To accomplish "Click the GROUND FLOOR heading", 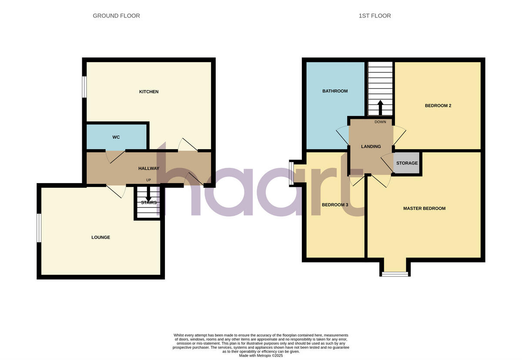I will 116,16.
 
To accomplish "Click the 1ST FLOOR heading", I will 375,16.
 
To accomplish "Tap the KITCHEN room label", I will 149,92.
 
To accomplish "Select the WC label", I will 116,137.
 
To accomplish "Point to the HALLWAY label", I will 149,169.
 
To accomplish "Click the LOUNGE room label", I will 100,237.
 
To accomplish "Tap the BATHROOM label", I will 335,91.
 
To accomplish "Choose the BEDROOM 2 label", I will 438,106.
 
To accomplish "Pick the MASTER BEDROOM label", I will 424,209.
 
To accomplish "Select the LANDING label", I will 371,147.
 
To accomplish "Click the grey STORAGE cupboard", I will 407,163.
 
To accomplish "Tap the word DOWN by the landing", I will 380,122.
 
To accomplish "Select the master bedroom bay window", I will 395,274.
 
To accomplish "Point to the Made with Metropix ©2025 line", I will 261,356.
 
